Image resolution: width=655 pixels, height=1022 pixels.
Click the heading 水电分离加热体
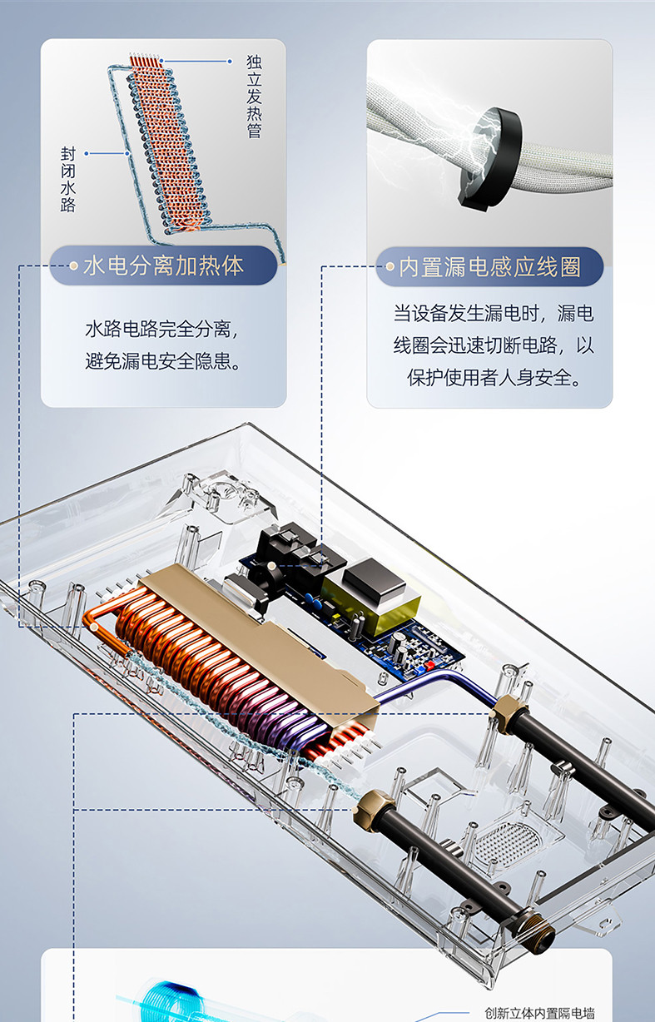(x=163, y=265)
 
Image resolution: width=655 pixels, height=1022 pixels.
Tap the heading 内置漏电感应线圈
(x=489, y=267)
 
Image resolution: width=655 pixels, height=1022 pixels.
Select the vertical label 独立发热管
(x=254, y=97)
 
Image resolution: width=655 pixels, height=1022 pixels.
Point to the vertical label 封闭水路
(x=68, y=179)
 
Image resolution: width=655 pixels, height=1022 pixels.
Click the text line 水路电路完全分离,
(x=162, y=329)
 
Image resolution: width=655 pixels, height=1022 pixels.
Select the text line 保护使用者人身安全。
(x=494, y=378)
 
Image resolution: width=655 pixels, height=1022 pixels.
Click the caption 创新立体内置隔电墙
(x=539, y=1014)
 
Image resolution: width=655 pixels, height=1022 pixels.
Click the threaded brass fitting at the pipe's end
(x=538, y=929)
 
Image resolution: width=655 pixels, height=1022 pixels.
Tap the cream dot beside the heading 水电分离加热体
(x=73, y=265)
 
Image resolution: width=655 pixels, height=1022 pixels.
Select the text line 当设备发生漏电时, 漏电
(x=494, y=314)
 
